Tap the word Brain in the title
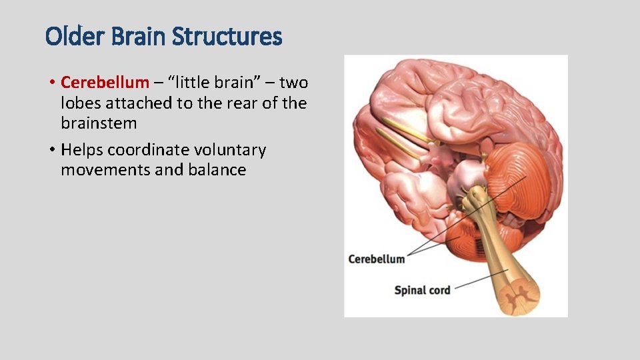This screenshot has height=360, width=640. point(135,36)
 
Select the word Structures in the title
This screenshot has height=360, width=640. point(227,36)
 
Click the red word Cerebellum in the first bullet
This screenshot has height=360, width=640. point(105,83)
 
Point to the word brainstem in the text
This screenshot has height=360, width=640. point(99,123)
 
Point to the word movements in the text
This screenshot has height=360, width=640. point(105,170)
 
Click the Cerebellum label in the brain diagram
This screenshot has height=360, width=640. point(377,259)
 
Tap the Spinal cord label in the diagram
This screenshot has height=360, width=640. point(422,290)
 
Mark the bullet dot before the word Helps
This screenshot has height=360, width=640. point(51,151)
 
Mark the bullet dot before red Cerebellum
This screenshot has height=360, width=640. point(51,83)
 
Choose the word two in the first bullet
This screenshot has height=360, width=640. point(293,83)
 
